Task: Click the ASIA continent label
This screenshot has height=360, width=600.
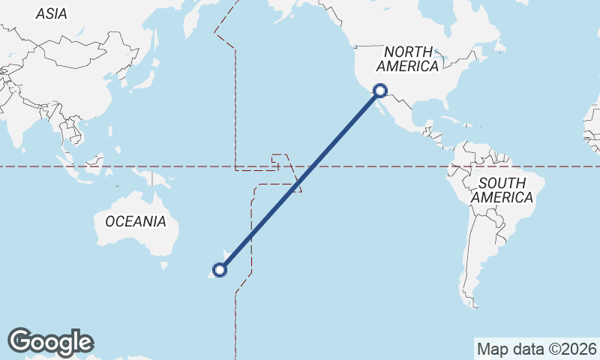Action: pos(51,13)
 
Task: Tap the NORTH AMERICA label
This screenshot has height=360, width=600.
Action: pos(408,59)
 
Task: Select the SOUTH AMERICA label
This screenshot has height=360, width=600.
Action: pos(502,190)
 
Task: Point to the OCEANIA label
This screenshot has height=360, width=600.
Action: pos(136,221)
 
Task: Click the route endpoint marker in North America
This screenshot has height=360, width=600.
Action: pos(380,91)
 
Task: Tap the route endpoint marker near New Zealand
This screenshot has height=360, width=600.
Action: pos(220,270)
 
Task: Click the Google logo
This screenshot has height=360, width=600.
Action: pos(50,342)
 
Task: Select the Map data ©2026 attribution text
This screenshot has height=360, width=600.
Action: pos(536,349)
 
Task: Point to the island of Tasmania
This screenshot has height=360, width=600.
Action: pos(163,265)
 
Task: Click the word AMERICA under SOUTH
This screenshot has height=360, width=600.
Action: pos(502,198)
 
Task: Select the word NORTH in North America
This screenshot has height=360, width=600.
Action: pos(408,52)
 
